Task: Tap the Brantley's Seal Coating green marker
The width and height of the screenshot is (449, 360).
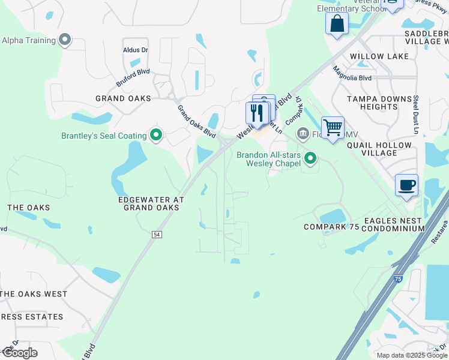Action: click(x=156, y=136)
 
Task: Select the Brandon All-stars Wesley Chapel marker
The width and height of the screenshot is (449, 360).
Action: click(x=310, y=158)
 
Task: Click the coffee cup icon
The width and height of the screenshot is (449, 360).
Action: click(x=406, y=184)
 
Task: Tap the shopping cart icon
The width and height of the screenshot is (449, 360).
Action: click(x=333, y=127)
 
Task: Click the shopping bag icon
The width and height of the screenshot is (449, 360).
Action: click(x=337, y=23)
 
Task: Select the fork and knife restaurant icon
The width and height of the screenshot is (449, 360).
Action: click(x=257, y=113)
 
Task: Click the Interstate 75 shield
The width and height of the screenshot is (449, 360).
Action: click(x=398, y=279)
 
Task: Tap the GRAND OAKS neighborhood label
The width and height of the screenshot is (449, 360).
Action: click(x=123, y=98)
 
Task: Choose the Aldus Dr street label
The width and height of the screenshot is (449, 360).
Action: click(x=135, y=50)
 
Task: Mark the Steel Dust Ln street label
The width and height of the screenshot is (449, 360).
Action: click(x=415, y=114)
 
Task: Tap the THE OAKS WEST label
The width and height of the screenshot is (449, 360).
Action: click(x=34, y=294)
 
